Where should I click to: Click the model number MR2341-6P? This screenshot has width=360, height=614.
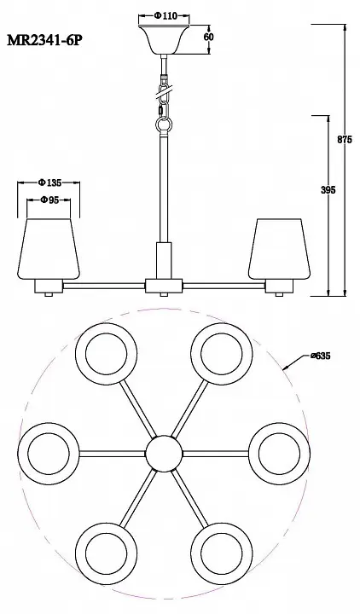(x=45, y=40)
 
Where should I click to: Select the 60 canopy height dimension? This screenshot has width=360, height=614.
(x=209, y=38)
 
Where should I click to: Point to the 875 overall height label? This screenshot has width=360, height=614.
(x=345, y=139)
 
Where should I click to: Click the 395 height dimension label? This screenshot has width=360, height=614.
(x=328, y=190)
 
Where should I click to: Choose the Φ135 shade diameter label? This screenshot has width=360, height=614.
(x=50, y=182)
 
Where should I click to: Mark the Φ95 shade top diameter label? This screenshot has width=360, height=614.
(x=49, y=200)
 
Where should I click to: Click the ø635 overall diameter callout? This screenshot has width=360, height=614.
(x=321, y=356)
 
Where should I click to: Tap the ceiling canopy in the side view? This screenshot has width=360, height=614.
(x=164, y=40)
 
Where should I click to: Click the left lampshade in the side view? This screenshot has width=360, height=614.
(x=49, y=249)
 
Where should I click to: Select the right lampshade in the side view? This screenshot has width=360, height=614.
(x=279, y=249)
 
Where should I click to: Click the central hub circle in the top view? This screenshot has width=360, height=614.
(x=164, y=454)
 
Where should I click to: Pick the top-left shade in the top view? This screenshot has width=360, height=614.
(x=106, y=354)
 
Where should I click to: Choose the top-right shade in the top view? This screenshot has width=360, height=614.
(x=222, y=354)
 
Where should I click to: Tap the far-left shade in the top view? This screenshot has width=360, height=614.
(x=49, y=454)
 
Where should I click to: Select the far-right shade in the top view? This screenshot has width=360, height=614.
(x=279, y=454)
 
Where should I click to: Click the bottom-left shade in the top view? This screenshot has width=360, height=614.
(x=106, y=553)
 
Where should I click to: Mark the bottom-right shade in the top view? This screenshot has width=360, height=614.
(x=222, y=553)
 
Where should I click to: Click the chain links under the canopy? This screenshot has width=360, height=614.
(x=164, y=97)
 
